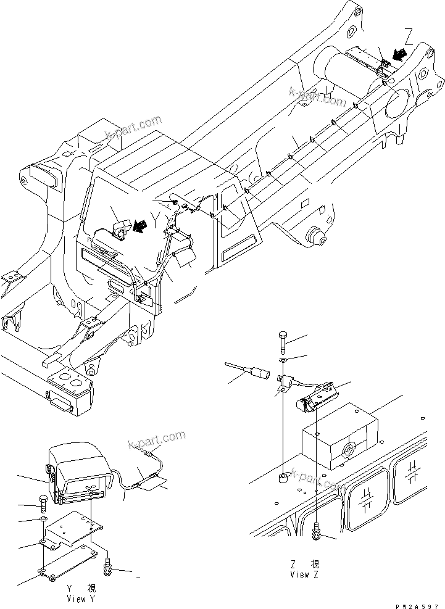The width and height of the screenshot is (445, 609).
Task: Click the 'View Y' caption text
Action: [x=81, y=599]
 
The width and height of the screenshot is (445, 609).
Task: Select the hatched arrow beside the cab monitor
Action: [x=140, y=228]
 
